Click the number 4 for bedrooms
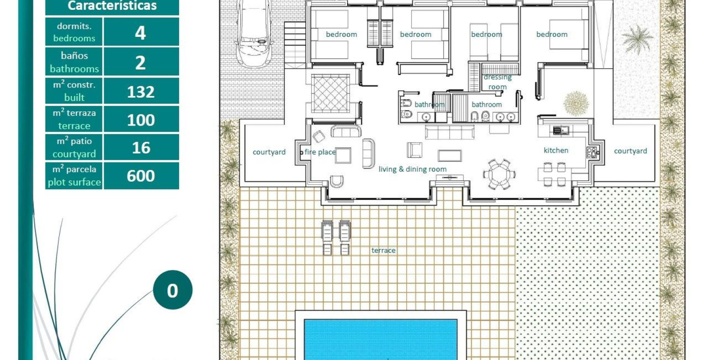tap(141, 33)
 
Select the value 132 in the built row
tap(141, 92)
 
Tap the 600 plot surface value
tap(141, 176)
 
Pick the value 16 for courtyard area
tap(141, 148)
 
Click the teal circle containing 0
tap(172, 290)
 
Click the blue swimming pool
tap(381, 339)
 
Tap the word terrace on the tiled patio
tap(383, 250)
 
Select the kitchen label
tap(556, 150)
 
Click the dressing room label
tap(497, 82)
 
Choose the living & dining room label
tap(412, 169)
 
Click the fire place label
tap(320, 152)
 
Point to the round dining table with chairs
tap(499, 174)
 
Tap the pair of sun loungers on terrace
tap(336, 237)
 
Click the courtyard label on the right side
tap(630, 151)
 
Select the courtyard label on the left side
tap(269, 152)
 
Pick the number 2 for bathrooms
tap(141, 63)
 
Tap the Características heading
tap(112, 6)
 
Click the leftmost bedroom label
tap(341, 34)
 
